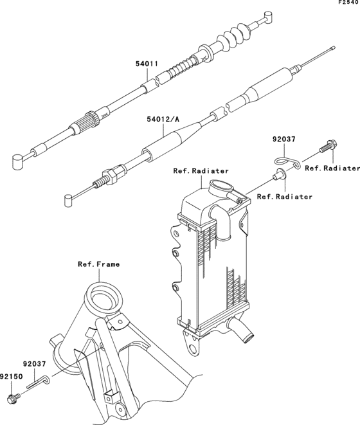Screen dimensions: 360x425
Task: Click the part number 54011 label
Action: tap(147, 64)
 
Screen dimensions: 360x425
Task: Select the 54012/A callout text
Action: tap(163, 119)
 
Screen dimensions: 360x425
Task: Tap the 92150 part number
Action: tap(12, 377)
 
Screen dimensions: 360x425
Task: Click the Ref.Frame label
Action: tap(98, 264)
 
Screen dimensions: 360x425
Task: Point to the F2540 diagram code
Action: tap(349, 3)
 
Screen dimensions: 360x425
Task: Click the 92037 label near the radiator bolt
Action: tap(284, 140)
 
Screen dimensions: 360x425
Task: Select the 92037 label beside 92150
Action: tap(35, 364)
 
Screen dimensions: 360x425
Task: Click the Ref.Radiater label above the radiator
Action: tap(201, 171)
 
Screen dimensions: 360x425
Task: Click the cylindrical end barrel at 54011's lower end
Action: tap(18, 161)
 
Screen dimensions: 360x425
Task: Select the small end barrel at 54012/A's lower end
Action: tap(68, 201)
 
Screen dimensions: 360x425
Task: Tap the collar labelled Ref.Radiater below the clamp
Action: tap(278, 174)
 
